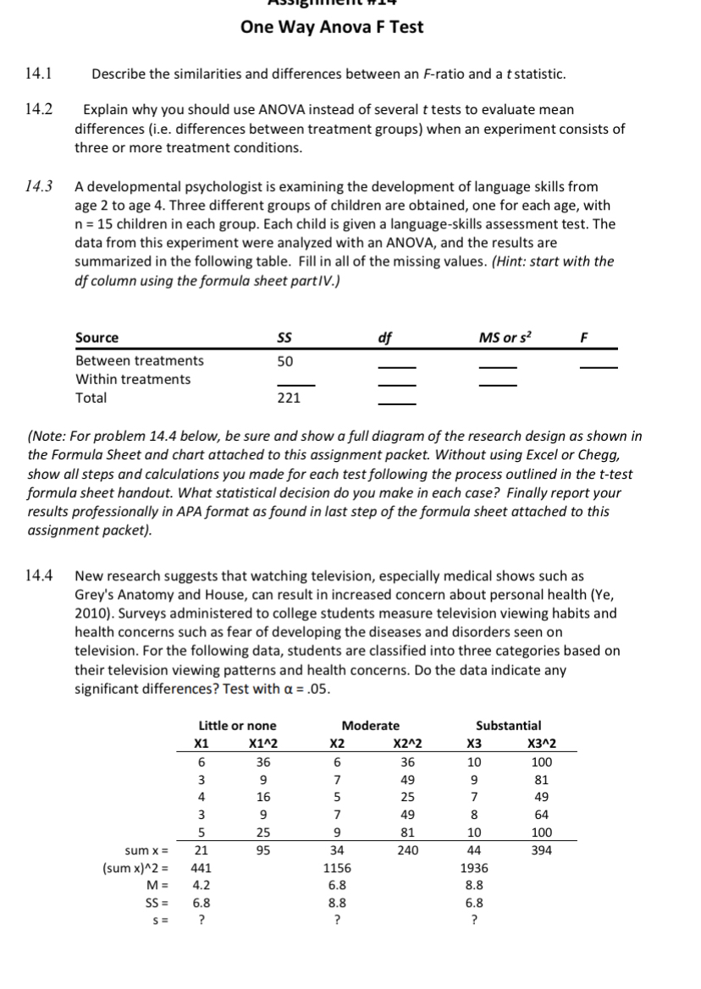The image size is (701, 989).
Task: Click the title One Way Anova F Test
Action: pos(332,27)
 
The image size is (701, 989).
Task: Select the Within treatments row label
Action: pos(133,379)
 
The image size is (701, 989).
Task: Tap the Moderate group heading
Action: pos(371,725)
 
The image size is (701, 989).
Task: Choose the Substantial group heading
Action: pos(509,725)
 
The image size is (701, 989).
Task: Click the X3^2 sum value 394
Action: pos(542,850)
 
